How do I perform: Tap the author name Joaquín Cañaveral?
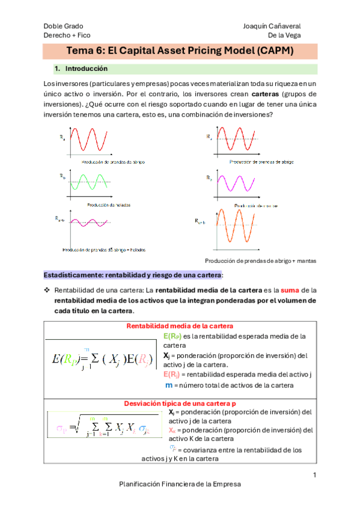[272, 26]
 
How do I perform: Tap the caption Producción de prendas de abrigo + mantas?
[260, 260]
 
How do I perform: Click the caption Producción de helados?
[109, 205]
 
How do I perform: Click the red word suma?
[282, 289]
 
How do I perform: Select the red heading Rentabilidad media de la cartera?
[180, 326]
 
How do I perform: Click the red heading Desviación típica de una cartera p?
[180, 404]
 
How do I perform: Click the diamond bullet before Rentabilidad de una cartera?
[47, 289]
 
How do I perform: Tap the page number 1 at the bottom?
[314, 476]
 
